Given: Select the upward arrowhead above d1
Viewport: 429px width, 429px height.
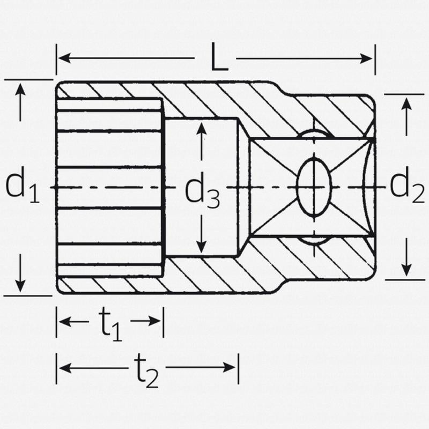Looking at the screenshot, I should pos(20,88).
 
